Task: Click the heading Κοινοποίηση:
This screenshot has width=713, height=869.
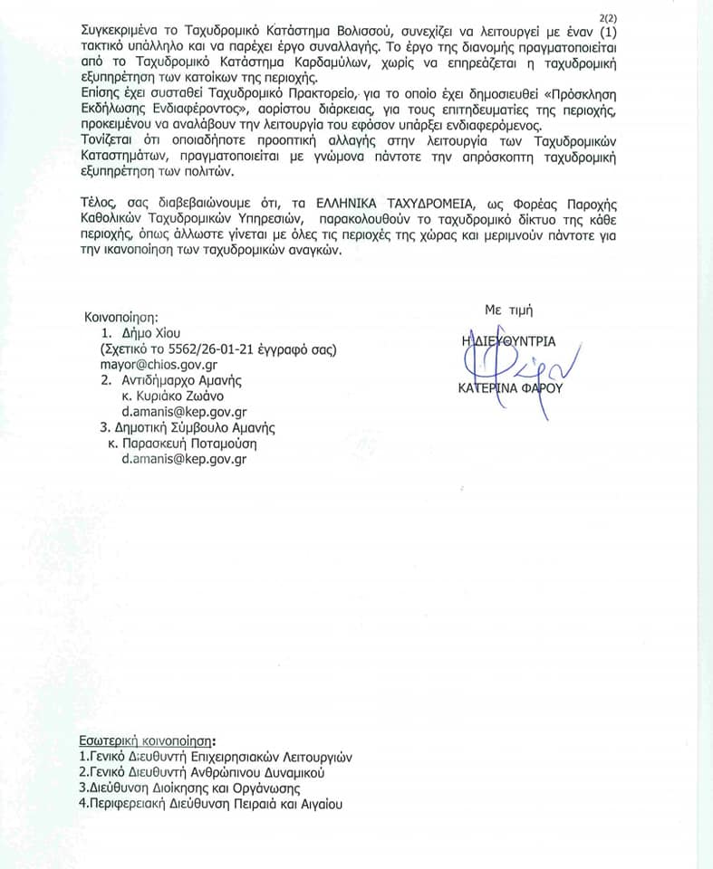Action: [121, 318]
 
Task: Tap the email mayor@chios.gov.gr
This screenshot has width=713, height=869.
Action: [151, 365]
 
